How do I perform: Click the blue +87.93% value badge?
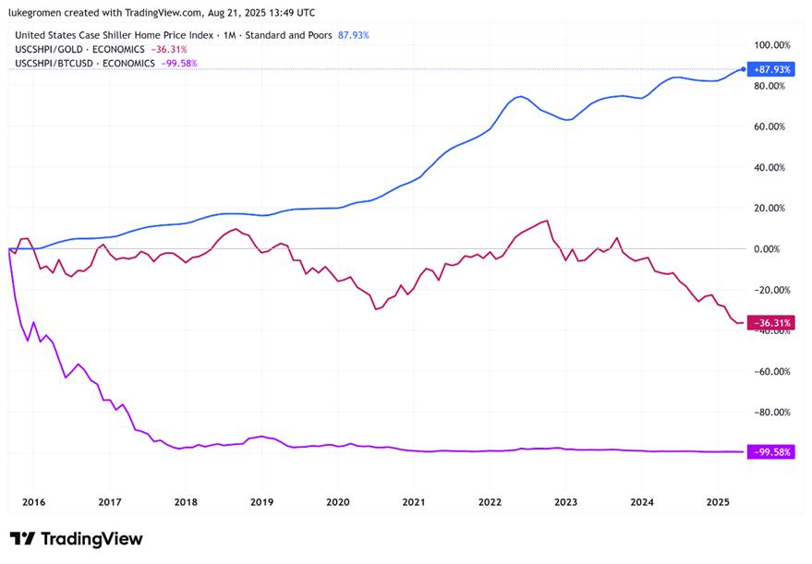coord(771,69)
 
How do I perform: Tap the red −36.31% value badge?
coord(771,323)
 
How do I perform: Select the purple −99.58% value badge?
coord(771,452)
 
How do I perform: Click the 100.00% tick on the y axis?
coord(773,44)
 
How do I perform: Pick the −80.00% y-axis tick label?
coord(773,413)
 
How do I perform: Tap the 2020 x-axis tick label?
coord(337,502)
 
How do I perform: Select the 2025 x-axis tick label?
coord(718,502)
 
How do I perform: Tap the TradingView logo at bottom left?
coord(77,539)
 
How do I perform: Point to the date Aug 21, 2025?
coord(242,13)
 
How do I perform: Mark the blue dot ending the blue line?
coord(744,69)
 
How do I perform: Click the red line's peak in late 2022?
coord(548,221)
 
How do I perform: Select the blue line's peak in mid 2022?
coord(522,96)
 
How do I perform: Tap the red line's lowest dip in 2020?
coord(376,308)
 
